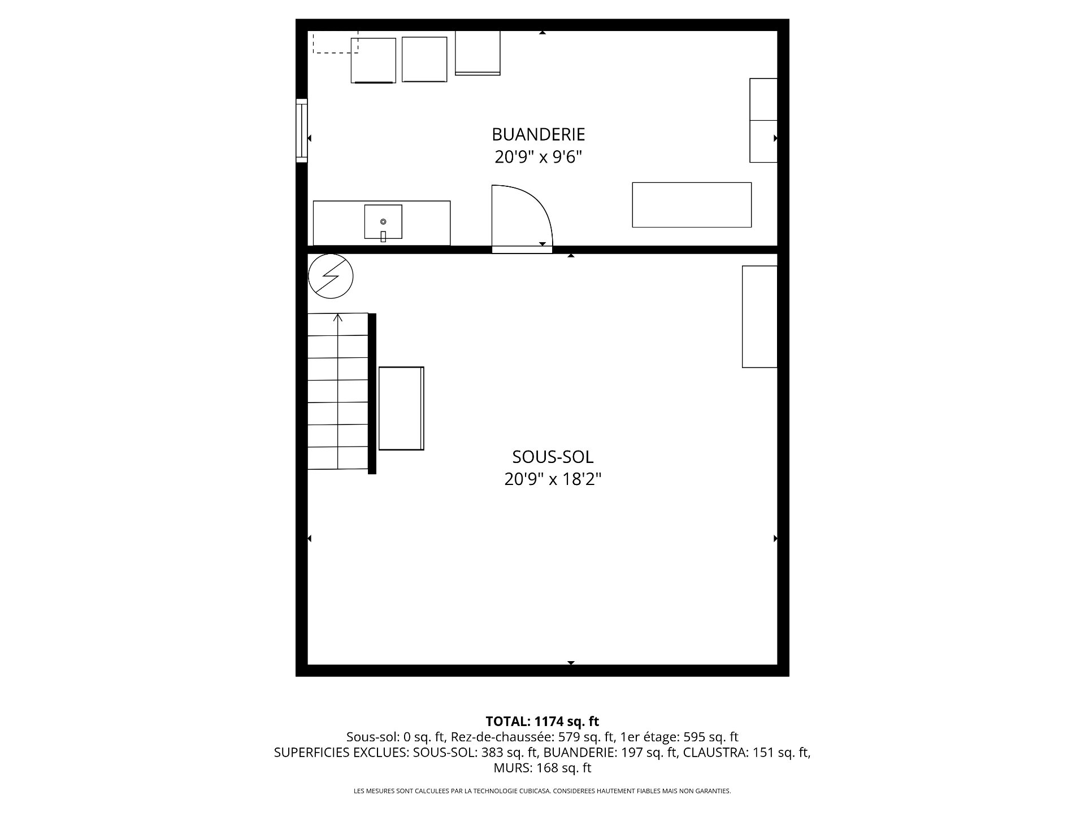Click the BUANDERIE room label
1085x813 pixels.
538,134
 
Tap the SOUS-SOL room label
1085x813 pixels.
553,456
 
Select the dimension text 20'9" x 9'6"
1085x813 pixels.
538,157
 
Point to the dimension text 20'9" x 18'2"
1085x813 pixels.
553,479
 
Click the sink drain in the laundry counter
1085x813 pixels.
383,221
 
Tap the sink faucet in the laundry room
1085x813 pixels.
383,236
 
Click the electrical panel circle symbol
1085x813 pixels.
331,276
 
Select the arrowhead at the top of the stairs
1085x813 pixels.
338,318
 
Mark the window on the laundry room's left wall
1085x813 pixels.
302,130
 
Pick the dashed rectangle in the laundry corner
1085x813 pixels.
336,42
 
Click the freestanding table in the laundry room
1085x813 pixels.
692,205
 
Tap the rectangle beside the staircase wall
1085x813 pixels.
401,408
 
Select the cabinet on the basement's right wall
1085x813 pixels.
759,317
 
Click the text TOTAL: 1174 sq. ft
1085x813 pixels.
542,721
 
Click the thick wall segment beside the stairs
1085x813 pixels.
372,394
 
